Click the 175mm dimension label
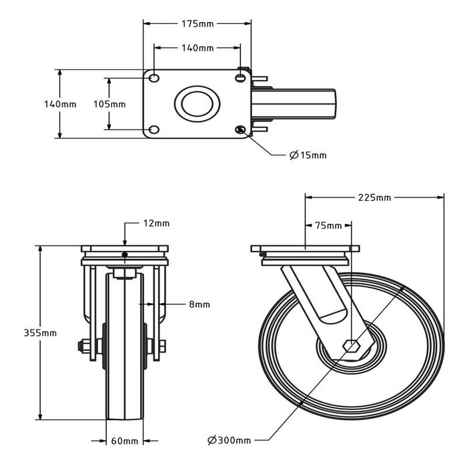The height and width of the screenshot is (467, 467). coord(197,24)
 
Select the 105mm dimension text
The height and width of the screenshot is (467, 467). coord(109,104)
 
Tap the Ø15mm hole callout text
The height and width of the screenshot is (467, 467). coord(308,155)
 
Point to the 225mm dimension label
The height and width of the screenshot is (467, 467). coord(374,197)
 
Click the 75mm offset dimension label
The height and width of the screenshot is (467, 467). coord(328,225)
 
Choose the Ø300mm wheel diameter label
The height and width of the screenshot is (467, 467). coord(229,440)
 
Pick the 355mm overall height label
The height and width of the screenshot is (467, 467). coord(40,333)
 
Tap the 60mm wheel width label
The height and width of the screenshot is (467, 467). coord(125,441)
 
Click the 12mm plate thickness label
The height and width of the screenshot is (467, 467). coord(156,223)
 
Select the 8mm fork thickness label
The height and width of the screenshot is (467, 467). coord(199,304)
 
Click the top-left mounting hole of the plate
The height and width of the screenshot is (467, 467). coord(154,78)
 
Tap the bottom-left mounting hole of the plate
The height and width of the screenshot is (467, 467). coord(154,129)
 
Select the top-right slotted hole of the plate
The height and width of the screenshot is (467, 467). coord(240,78)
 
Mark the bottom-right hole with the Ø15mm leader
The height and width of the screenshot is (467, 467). coord(240,129)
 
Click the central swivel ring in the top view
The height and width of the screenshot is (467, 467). coord(197,104)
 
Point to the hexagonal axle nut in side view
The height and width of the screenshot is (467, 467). coord(352,346)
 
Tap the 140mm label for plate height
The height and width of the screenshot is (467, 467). coord(61,104)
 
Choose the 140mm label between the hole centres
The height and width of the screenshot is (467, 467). coord(197,47)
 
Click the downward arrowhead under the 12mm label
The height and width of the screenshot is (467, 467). coord(125,242)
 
